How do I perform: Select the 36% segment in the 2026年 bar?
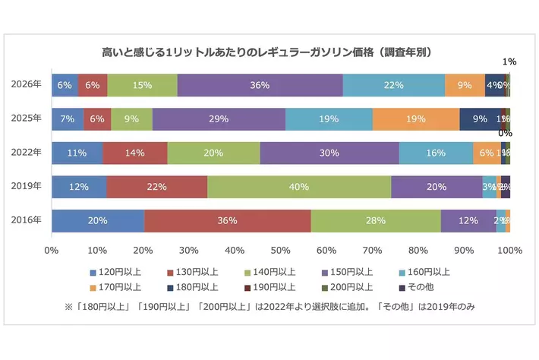pos(260,85)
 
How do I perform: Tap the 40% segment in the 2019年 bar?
pos(299,187)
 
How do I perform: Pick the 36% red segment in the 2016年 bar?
pos(227,221)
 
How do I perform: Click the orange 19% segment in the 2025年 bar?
pos(416,119)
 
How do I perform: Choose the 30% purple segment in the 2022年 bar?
pos(329,153)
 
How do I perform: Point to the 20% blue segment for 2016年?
pos(97,221)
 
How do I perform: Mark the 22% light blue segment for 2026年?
pos(393,85)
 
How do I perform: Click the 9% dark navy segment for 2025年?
pos(480,119)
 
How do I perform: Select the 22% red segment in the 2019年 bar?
pos(156,187)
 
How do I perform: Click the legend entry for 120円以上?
pos(113,271)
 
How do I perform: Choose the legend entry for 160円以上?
pos(424,271)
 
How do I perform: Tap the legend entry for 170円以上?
pos(113,287)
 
